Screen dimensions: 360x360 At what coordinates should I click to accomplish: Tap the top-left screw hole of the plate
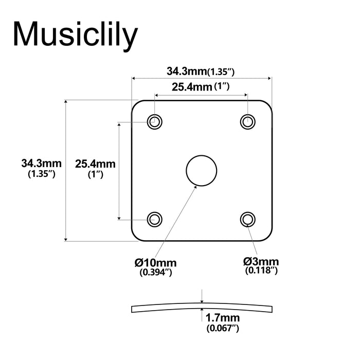(x=154, y=122)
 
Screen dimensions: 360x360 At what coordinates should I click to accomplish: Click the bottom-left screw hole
(x=154, y=219)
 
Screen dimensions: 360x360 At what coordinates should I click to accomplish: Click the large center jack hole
(x=201, y=170)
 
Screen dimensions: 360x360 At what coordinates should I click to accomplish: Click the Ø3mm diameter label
(x=261, y=261)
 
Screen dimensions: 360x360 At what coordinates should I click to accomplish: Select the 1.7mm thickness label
(x=222, y=317)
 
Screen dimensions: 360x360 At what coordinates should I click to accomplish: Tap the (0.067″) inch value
(x=222, y=328)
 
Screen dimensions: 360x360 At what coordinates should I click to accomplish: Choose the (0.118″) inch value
(x=261, y=271)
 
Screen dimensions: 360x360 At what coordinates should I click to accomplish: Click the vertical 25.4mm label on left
(x=95, y=164)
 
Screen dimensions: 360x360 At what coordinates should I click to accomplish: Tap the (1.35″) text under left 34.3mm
(x=41, y=174)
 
